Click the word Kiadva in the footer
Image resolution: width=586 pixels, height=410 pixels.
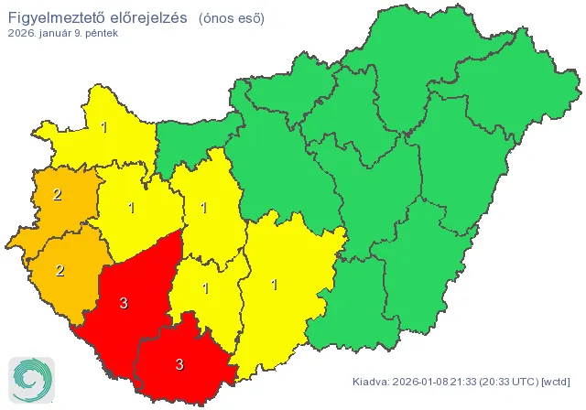[371, 381]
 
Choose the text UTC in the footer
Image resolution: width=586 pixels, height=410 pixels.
[525, 381]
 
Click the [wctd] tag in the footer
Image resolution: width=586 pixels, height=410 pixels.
[557, 381]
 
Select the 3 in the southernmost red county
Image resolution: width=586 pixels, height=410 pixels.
[179, 363]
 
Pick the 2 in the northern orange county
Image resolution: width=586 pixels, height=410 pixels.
[57, 194]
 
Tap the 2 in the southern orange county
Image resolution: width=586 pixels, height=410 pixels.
[60, 270]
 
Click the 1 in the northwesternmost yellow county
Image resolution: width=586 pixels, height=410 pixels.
[104, 127]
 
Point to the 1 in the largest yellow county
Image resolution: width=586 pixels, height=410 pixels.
[274, 285]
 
